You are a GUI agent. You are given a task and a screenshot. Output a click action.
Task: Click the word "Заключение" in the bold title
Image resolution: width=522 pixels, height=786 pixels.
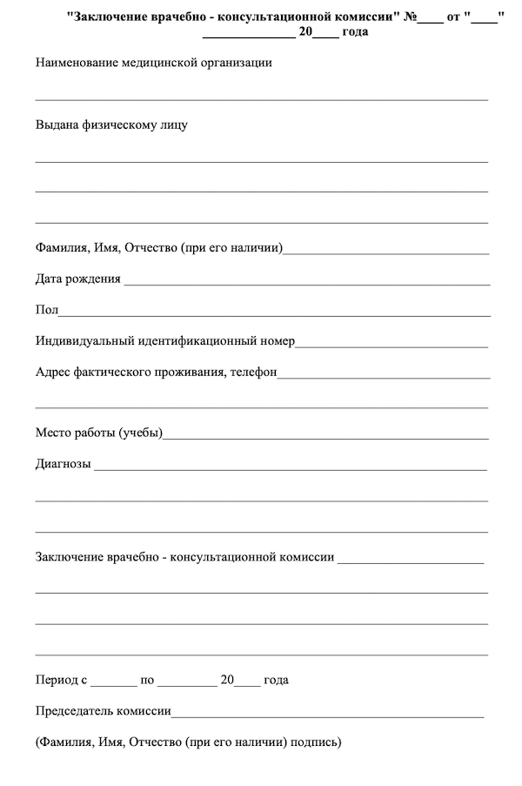tap(109, 17)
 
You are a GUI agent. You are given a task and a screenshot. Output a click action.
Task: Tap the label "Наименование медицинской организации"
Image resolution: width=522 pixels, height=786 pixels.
tap(154, 63)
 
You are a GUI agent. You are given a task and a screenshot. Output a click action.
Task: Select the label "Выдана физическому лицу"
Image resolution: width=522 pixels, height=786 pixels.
tap(111, 124)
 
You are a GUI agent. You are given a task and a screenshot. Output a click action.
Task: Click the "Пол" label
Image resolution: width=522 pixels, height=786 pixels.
tap(46, 311)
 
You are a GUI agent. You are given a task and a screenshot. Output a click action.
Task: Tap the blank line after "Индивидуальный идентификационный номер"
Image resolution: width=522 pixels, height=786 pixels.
tap(391, 343)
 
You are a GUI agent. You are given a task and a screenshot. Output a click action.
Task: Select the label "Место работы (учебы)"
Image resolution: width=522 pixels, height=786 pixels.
tap(99, 433)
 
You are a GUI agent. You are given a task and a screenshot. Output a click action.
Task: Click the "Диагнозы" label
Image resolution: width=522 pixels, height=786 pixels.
tap(64, 464)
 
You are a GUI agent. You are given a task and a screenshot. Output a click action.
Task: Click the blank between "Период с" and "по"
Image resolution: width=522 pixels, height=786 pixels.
tap(113, 682)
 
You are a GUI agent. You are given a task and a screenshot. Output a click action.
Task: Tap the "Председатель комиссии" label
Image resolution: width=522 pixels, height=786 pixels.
tap(103, 711)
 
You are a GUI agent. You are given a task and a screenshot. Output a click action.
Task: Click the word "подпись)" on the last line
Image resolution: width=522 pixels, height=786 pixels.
tap(317, 742)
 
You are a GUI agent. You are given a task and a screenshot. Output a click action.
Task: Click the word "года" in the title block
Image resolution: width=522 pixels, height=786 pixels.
tap(354, 32)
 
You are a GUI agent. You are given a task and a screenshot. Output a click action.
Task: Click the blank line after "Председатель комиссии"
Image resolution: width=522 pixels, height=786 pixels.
tap(327, 714)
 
